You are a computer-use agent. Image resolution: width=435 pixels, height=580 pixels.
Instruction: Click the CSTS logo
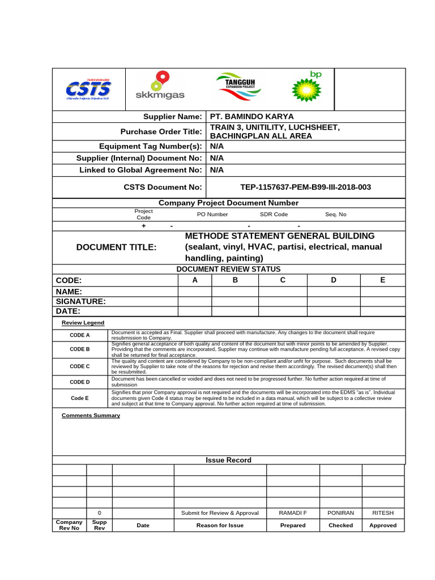(88, 89)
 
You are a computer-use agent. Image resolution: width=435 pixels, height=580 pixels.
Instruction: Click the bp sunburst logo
(306, 87)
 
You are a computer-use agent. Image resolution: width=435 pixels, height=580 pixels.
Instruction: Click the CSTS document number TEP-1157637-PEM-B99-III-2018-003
(306, 187)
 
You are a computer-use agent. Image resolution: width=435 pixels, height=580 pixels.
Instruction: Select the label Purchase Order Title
(161, 131)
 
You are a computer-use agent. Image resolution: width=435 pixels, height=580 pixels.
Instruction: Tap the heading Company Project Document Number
(228, 203)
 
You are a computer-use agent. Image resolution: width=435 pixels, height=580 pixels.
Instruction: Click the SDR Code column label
(274, 215)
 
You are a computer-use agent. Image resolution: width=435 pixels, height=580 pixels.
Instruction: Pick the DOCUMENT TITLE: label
(116, 247)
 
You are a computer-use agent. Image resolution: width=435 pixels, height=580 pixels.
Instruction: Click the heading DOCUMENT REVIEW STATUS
(228, 269)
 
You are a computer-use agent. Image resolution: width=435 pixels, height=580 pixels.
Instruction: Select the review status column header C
(282, 280)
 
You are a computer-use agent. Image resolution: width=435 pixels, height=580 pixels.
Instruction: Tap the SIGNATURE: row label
(80, 301)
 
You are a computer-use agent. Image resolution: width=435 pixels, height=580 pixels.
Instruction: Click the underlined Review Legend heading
(83, 323)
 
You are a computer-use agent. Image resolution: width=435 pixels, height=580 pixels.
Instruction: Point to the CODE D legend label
(80, 382)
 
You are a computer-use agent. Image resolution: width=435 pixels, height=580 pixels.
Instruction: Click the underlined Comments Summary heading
(91, 415)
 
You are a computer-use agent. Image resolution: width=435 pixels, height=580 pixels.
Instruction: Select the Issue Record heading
(228, 460)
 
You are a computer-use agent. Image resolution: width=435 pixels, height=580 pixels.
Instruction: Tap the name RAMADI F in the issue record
(293, 513)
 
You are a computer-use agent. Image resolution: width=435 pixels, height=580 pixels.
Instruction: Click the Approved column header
(383, 525)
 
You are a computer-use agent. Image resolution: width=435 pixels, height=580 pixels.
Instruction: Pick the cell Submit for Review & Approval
(220, 513)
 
